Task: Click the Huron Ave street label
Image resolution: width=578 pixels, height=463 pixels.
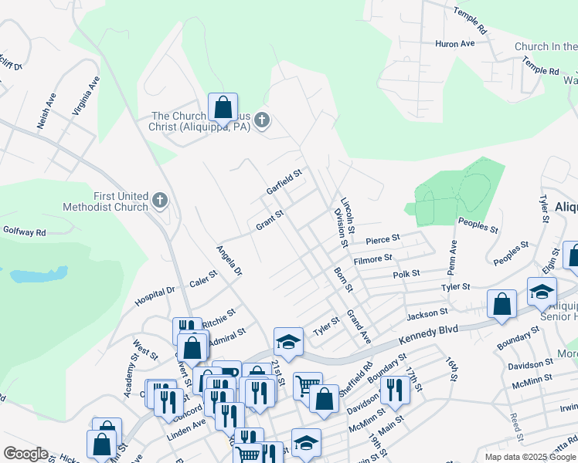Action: pos(455,44)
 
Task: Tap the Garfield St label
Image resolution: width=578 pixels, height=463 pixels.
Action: pos(283,183)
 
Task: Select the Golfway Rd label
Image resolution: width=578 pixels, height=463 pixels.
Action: pos(24,231)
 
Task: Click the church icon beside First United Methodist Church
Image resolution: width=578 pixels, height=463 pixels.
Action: pos(160,201)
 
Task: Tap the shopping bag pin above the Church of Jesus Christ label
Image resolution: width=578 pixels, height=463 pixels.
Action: pos(223,108)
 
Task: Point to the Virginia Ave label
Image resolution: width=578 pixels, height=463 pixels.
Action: pos(86,96)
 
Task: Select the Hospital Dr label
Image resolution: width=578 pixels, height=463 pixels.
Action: pos(155,296)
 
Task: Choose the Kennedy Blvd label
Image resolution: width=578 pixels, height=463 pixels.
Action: pos(428,330)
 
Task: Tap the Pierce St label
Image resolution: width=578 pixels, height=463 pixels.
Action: pos(382,240)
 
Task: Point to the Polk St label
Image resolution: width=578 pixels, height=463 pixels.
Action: pos(406,274)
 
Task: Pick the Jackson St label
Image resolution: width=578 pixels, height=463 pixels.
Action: pos(427,313)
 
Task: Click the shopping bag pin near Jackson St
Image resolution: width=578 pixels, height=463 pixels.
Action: pos(501,304)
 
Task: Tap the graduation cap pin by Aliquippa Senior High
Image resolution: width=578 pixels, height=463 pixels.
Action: pos(542,292)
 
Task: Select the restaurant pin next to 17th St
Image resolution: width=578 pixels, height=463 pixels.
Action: pos(395,390)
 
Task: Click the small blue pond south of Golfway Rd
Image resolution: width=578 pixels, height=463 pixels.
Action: pos(36,275)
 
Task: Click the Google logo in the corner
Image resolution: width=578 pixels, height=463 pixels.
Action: pos(25,454)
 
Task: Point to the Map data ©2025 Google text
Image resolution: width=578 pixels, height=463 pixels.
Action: pos(529,457)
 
